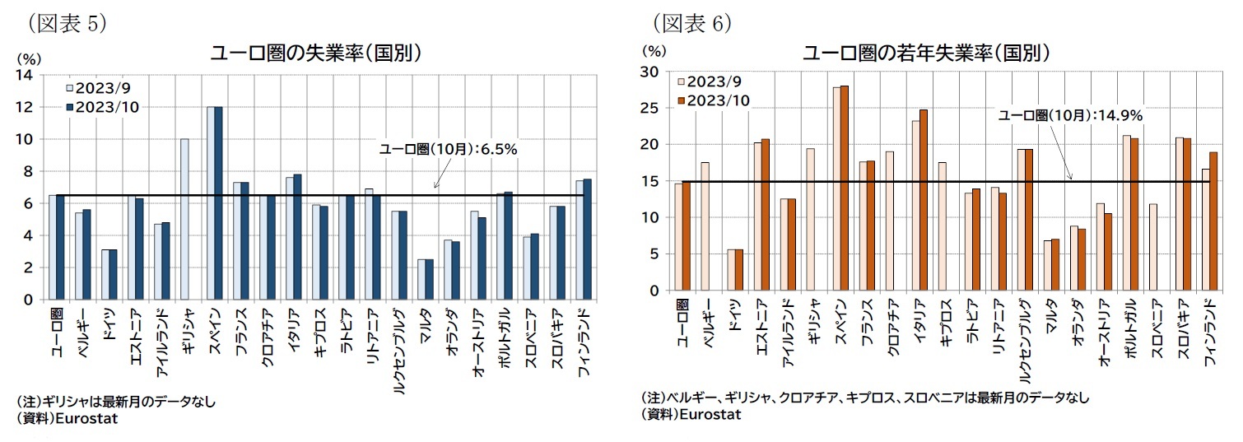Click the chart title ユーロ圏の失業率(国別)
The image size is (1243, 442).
(316, 54)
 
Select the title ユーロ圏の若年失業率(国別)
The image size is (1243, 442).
(926, 54)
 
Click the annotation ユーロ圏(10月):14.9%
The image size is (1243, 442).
(1070, 116)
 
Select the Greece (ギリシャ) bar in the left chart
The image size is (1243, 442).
(185, 219)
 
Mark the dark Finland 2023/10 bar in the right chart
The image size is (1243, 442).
(1213, 221)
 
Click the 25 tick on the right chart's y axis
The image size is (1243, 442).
(651, 109)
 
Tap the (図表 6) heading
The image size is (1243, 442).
(692, 23)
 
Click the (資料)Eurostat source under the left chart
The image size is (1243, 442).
(68, 418)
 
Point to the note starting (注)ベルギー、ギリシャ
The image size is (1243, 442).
(864, 398)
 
